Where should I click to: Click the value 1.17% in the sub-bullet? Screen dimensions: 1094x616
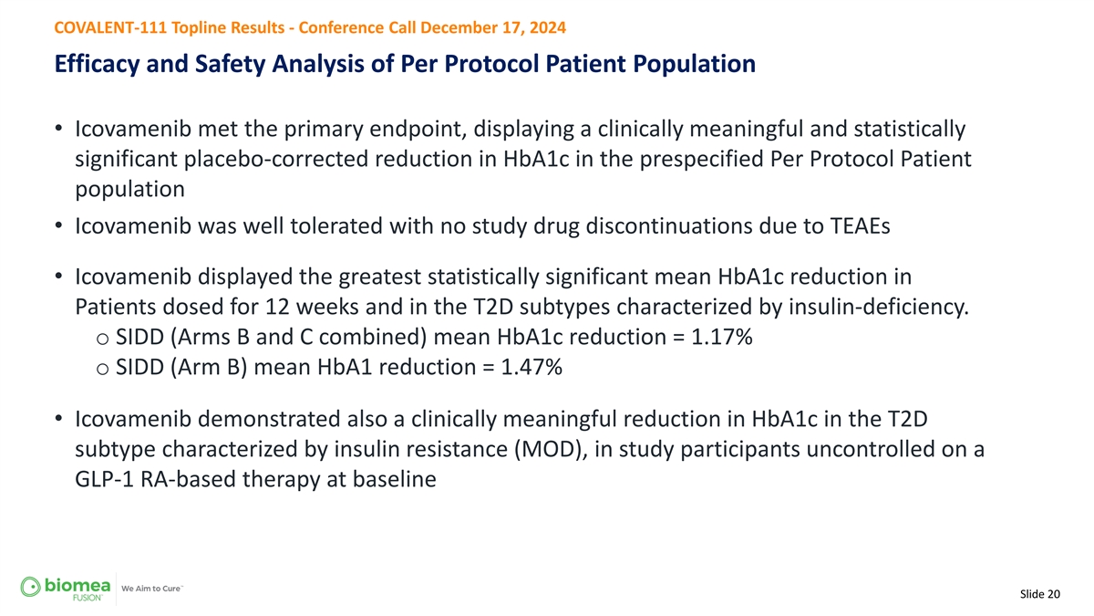[x=721, y=337]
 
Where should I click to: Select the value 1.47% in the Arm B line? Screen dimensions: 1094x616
[x=532, y=367]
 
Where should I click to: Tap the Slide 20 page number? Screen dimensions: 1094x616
[x=1040, y=594]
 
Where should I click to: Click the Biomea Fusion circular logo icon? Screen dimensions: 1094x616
[x=30, y=587]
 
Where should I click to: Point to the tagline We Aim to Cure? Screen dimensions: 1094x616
[x=151, y=589]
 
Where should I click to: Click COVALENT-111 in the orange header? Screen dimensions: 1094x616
[x=110, y=27]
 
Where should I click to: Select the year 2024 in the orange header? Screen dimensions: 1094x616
[x=548, y=27]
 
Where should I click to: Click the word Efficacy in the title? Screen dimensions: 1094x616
[x=97, y=64]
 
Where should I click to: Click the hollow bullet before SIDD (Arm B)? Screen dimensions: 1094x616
[x=102, y=369]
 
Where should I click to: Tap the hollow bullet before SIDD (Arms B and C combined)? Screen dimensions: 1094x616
[x=102, y=339]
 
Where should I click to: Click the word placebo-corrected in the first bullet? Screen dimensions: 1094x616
[x=276, y=160]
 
